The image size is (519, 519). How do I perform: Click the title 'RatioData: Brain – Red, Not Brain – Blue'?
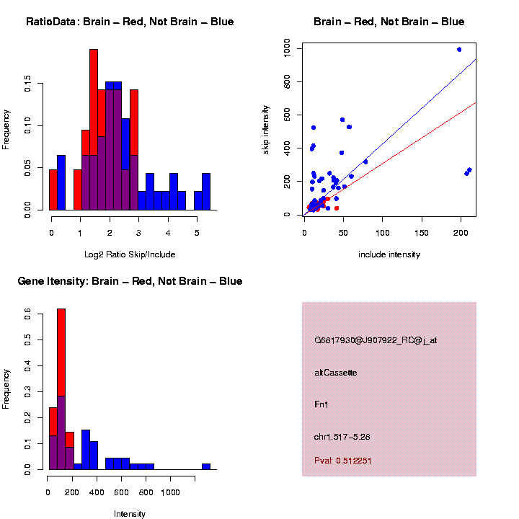tap(130, 22)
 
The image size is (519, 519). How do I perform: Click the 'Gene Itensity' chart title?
tap(130, 281)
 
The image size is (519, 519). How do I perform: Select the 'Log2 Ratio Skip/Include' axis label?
tap(130, 254)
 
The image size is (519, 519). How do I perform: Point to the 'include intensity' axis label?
tap(389, 254)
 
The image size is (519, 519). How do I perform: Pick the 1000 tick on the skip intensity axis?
tap(288, 50)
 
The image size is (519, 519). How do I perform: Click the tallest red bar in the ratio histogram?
tap(94, 130)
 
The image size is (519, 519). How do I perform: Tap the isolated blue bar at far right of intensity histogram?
tap(206, 466)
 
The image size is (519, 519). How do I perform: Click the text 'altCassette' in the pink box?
tap(336, 373)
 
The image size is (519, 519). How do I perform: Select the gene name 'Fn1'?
tap(321, 404)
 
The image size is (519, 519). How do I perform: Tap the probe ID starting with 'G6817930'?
tap(376, 340)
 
